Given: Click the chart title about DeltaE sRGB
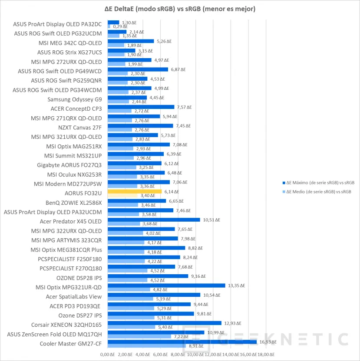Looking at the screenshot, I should click(x=180, y=8).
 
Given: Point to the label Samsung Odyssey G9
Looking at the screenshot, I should click(x=75, y=99).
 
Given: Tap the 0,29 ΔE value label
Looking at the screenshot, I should click(x=120, y=26).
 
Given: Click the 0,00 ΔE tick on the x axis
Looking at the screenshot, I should click(x=107, y=355).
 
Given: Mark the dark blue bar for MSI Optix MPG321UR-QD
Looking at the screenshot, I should click(x=166, y=286).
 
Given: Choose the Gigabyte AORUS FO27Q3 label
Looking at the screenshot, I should click(x=69, y=165).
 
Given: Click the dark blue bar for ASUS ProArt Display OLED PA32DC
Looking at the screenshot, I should click(x=113, y=22).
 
